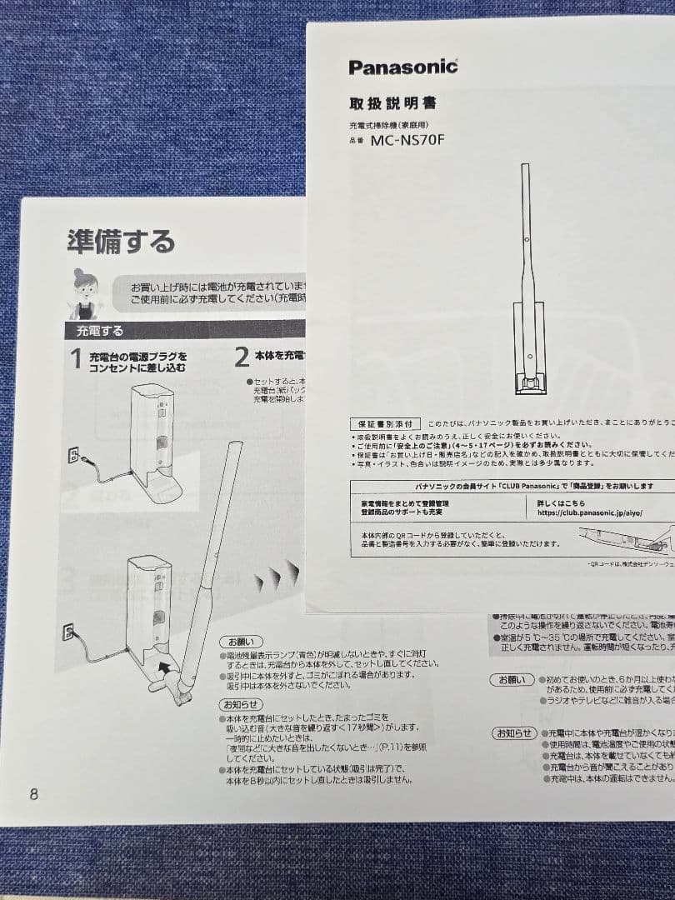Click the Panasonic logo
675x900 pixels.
(x=403, y=67)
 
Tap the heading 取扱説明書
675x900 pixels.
(x=392, y=104)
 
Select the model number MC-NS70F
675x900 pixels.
(x=407, y=139)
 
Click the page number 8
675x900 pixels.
(x=33, y=794)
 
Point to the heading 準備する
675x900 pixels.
(x=121, y=241)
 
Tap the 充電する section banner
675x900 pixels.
(x=101, y=331)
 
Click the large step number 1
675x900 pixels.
(x=75, y=360)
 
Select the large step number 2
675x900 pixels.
(x=242, y=358)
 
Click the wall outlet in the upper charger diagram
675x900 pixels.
(x=73, y=455)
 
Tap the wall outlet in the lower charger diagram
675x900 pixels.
(x=68, y=631)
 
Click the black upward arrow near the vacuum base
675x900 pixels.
(x=169, y=665)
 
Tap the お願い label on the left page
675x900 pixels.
(x=242, y=642)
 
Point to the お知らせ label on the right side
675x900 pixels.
(x=513, y=733)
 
